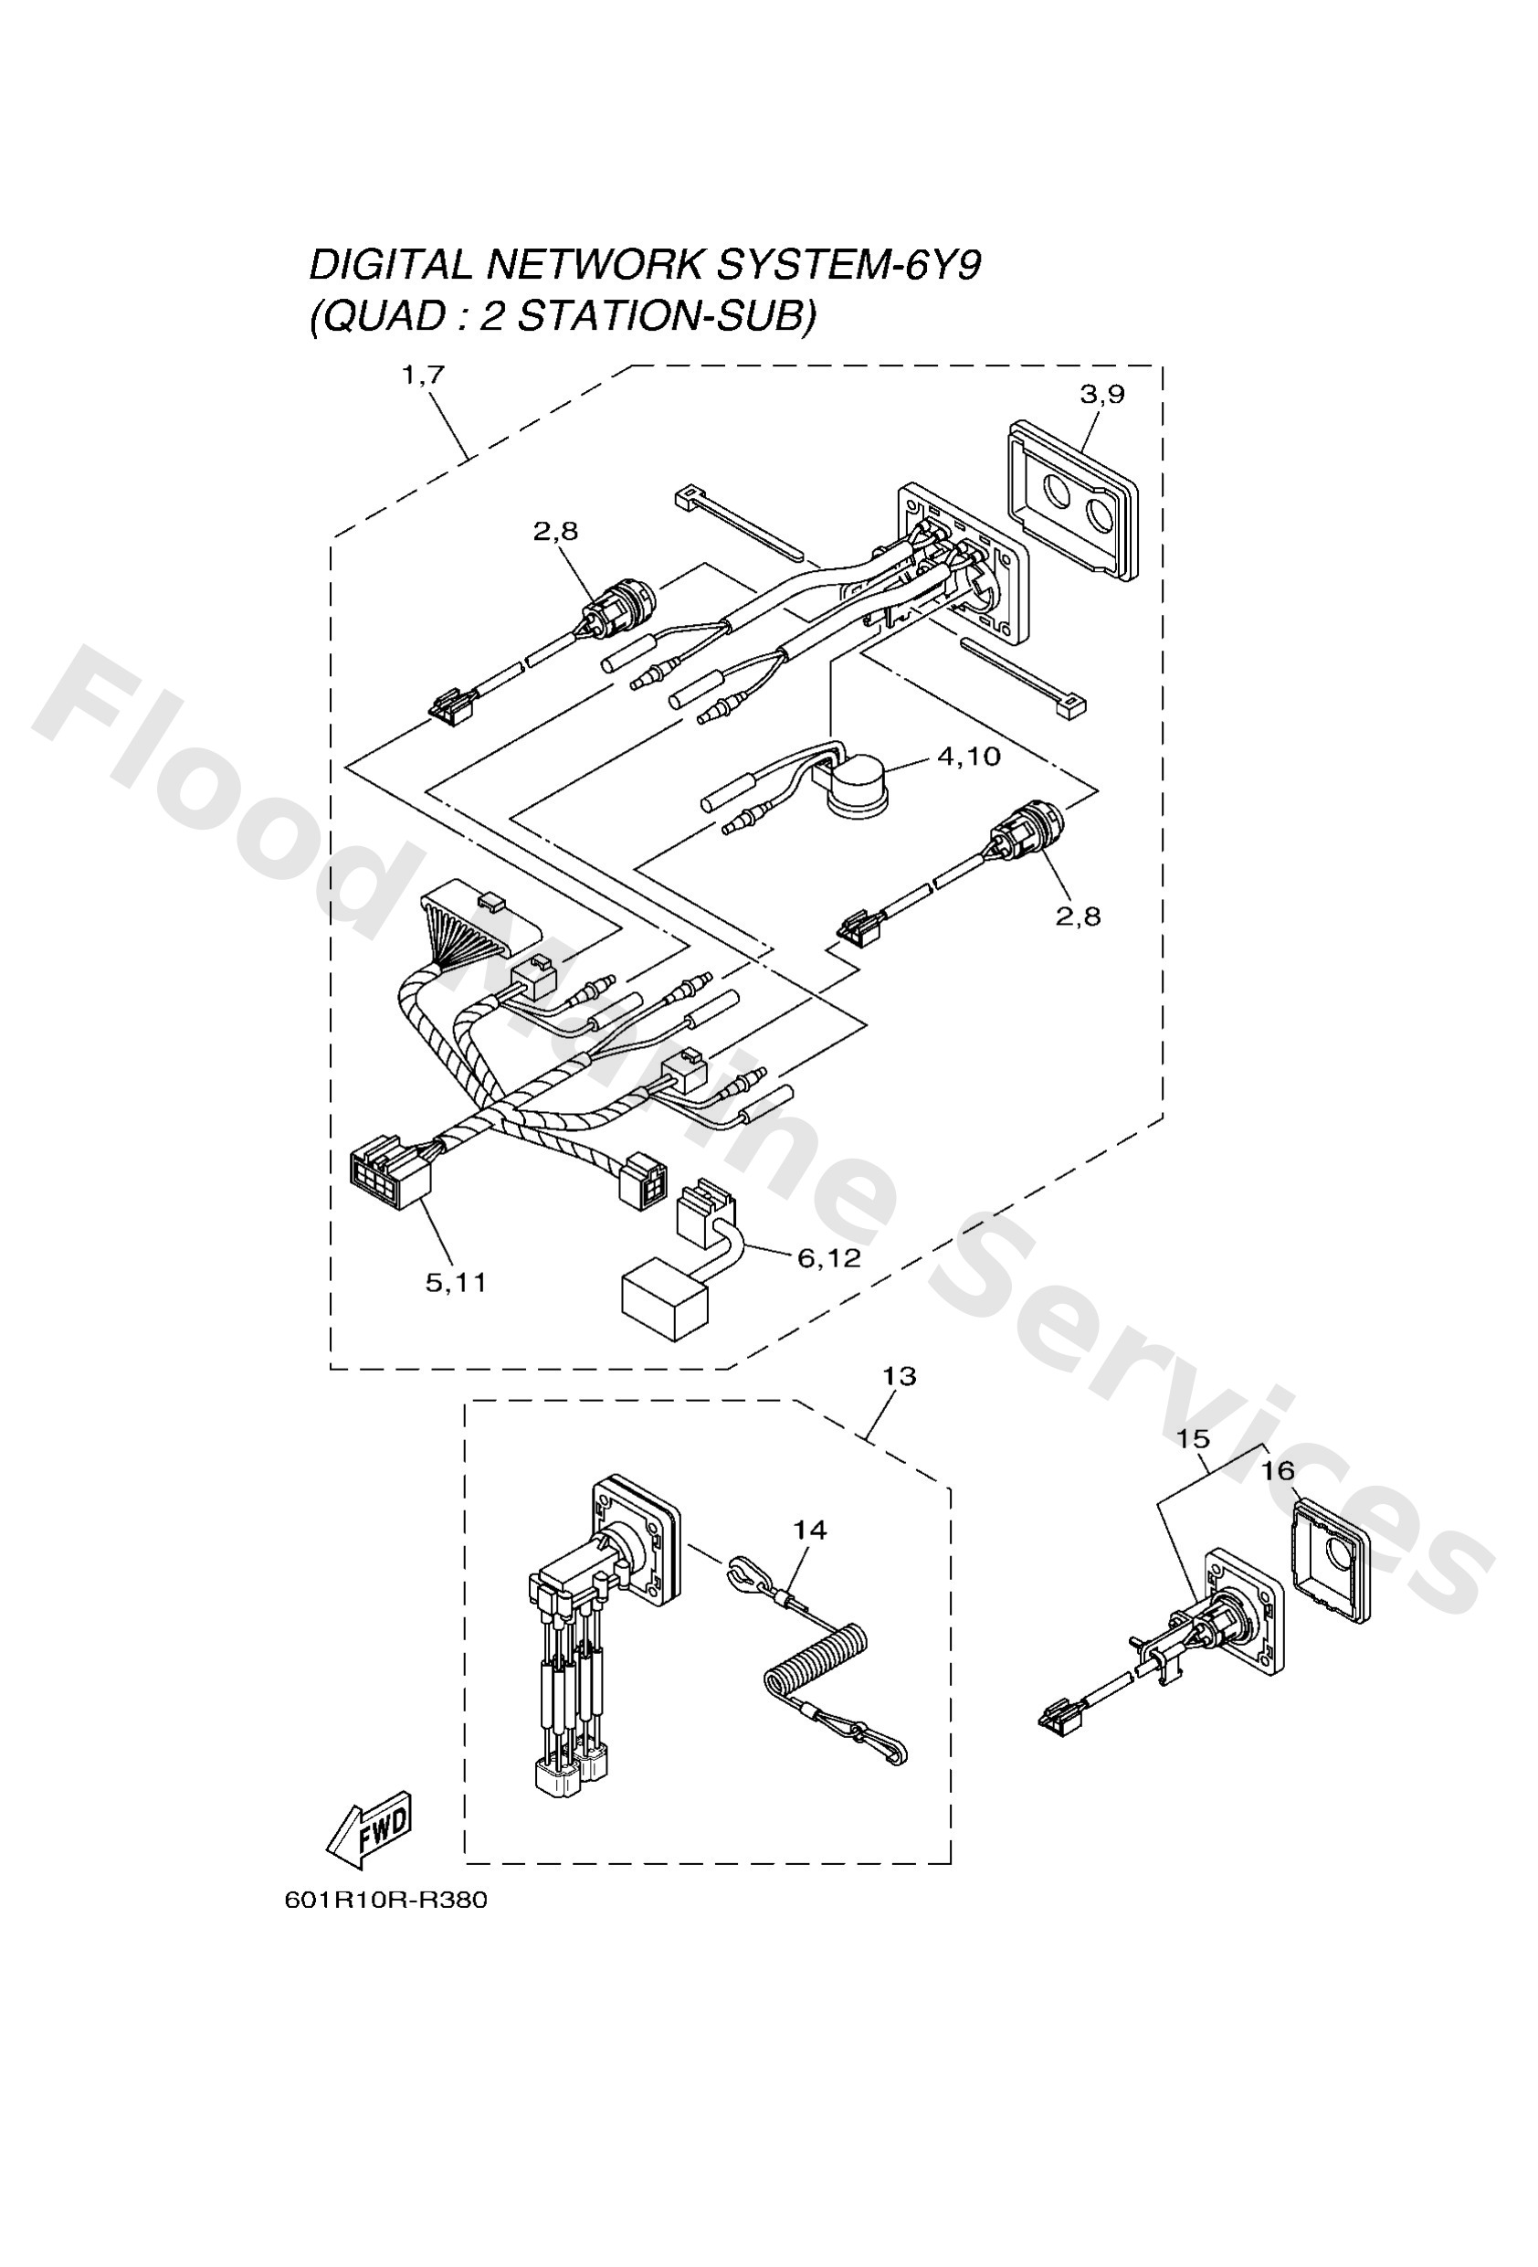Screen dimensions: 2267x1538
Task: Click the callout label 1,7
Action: [x=422, y=375]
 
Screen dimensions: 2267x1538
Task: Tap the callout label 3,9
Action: [x=1101, y=394]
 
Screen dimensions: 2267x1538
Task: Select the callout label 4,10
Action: [x=968, y=756]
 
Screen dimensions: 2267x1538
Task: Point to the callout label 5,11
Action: [x=456, y=1282]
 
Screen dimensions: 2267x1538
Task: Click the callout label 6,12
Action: [x=829, y=1258]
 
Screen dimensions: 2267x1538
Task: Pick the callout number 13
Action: [x=900, y=1376]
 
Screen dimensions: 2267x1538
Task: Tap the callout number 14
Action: [x=809, y=1531]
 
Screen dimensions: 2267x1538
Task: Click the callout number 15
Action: [x=1192, y=1439]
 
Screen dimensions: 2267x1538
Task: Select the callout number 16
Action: [x=1278, y=1470]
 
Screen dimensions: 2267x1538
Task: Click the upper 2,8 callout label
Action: [x=555, y=531]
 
